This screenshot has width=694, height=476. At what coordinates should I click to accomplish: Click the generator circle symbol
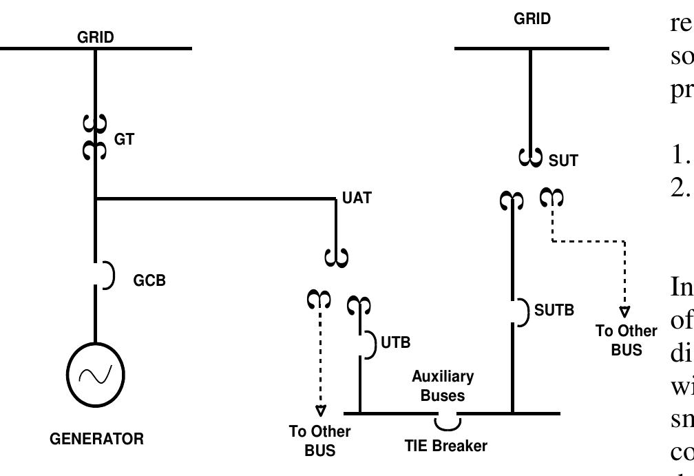[95, 375]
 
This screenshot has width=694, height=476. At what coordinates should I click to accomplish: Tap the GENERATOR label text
[96, 439]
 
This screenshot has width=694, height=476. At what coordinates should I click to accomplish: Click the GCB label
[149, 281]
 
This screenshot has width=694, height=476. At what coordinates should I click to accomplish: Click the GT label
[125, 139]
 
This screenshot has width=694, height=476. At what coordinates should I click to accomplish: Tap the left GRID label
[96, 38]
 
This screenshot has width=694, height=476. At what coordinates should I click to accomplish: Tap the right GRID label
[532, 19]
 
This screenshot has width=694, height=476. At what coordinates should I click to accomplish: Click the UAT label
[357, 198]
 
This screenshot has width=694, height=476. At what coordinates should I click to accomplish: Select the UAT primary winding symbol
[336, 258]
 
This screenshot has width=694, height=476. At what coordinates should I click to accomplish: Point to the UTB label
[395, 342]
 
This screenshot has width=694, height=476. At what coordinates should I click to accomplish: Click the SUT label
[563, 161]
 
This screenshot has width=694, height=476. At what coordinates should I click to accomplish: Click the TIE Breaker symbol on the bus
[447, 420]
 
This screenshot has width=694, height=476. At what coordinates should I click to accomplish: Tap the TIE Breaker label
[445, 446]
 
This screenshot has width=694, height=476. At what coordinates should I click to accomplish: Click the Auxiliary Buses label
[443, 386]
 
